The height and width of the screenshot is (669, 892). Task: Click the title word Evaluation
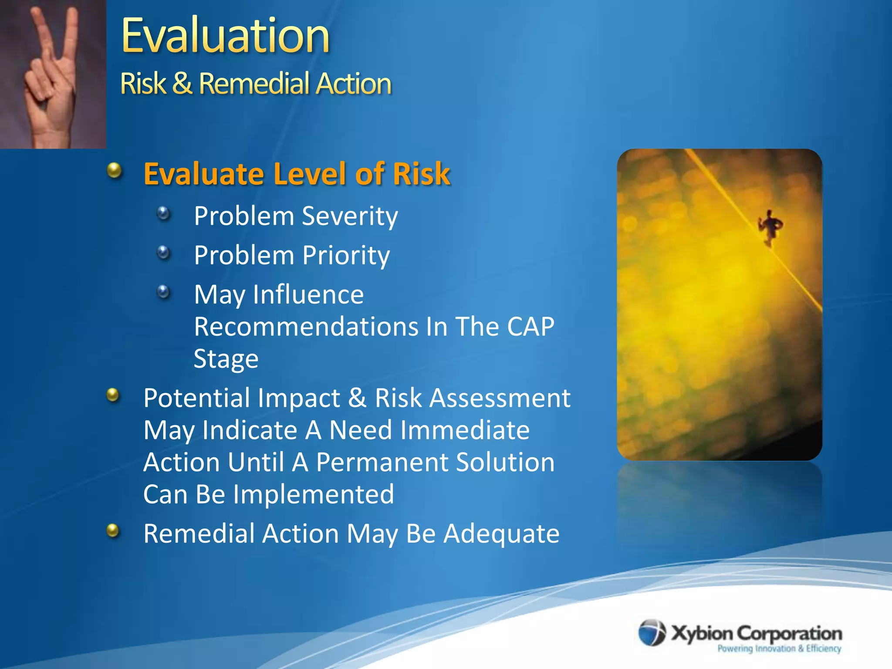225,36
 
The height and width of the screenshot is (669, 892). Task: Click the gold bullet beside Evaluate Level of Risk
115,170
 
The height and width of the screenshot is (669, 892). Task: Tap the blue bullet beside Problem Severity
163,213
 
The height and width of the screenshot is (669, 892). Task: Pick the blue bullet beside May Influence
163,291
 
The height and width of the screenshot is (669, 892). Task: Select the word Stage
226,359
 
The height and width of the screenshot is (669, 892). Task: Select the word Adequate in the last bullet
501,534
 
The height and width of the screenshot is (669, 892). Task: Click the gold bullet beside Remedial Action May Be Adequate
113,530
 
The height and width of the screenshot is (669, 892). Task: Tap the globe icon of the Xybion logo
652,632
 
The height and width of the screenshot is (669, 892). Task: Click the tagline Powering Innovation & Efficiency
779,649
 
